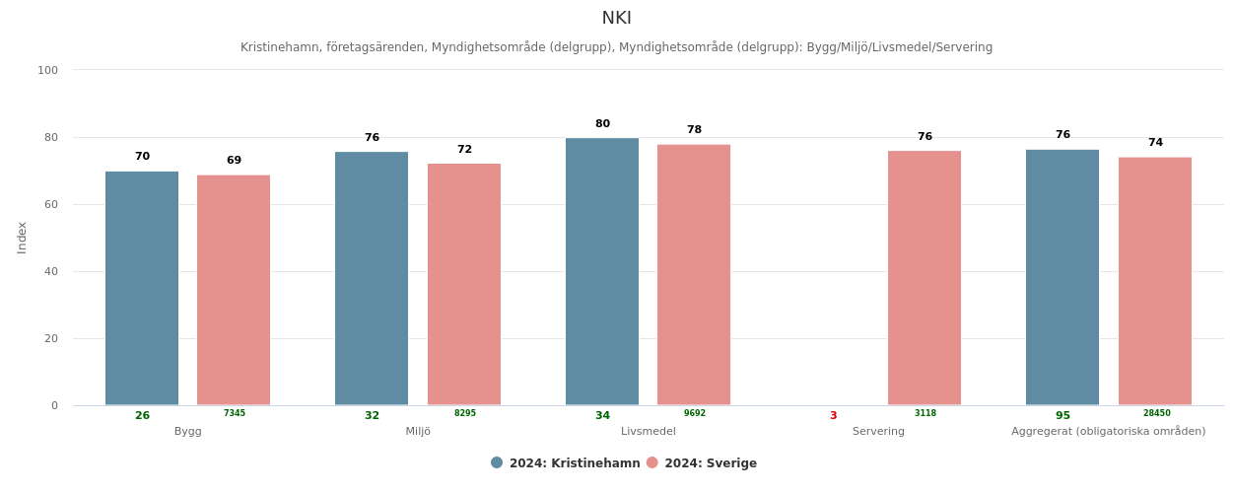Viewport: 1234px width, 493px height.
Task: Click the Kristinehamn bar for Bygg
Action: (x=142, y=288)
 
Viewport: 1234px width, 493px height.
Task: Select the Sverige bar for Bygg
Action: (x=234, y=290)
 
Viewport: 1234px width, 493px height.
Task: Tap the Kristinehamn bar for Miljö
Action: (x=372, y=278)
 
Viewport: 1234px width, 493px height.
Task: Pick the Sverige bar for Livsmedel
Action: (x=694, y=274)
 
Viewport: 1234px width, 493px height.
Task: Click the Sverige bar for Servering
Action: (x=925, y=277)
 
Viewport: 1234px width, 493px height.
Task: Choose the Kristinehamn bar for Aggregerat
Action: (x=1063, y=277)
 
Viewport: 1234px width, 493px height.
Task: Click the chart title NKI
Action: (x=616, y=19)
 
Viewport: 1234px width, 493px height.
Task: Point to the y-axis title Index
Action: (x=22, y=238)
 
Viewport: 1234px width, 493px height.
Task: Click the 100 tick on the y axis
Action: (x=47, y=70)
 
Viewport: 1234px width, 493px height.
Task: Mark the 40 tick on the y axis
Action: (x=47, y=271)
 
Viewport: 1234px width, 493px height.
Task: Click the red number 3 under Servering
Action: (x=833, y=416)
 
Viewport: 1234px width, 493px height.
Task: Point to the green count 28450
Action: (x=1157, y=414)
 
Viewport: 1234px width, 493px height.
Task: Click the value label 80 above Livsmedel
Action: (x=602, y=124)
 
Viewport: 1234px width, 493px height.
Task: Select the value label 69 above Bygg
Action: (x=234, y=161)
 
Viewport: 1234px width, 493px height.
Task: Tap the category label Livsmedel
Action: (x=649, y=432)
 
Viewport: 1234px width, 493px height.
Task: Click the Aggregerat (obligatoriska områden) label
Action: (x=1108, y=432)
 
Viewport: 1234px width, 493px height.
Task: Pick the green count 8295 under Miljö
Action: (x=465, y=414)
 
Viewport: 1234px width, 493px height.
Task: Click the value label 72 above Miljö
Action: (x=464, y=150)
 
